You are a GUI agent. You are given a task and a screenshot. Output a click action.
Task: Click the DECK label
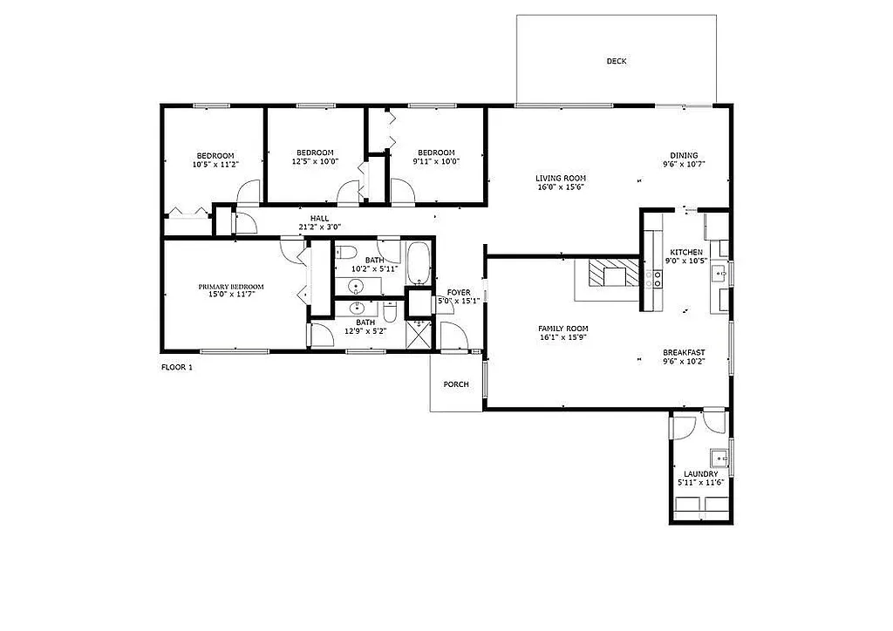tap(617, 61)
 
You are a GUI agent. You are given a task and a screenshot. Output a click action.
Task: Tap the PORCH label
tap(456, 384)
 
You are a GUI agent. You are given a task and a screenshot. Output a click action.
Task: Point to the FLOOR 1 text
tap(177, 368)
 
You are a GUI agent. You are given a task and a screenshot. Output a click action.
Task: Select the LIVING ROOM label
tap(560, 178)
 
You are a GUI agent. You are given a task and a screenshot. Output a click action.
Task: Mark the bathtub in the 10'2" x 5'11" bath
tap(418, 263)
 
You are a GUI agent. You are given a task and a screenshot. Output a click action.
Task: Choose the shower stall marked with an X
tap(420, 334)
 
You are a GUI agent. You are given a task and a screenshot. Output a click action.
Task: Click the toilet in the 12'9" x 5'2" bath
tap(392, 311)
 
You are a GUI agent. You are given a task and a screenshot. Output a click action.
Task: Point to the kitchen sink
tap(720, 274)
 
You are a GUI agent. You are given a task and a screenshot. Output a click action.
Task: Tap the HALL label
tap(319, 218)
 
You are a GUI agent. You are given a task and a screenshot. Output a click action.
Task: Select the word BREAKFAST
tap(684, 352)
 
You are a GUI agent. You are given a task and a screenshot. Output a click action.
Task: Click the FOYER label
tap(459, 292)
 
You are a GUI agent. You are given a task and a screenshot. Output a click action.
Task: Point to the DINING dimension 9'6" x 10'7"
tap(684, 164)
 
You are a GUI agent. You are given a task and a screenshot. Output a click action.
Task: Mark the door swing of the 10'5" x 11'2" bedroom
tap(249, 192)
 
